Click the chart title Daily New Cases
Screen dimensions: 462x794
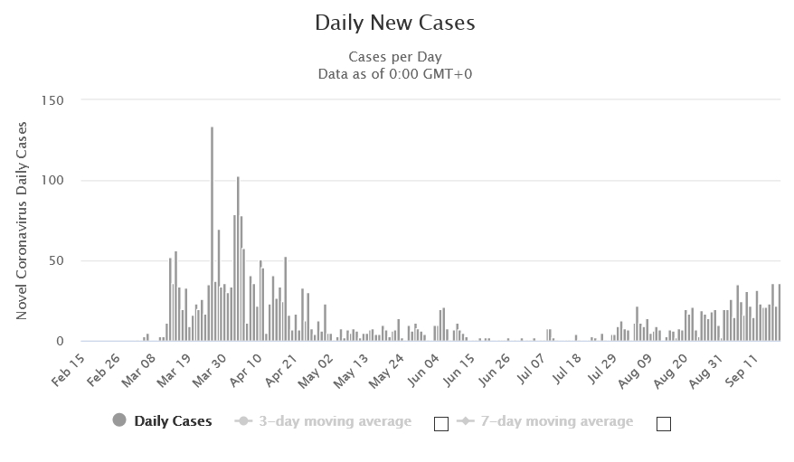[395, 24]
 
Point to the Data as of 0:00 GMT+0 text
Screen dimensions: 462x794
[395, 73]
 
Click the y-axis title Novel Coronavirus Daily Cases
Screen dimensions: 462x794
[22, 221]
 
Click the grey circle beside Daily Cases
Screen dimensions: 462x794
[119, 420]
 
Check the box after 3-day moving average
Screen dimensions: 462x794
[441, 424]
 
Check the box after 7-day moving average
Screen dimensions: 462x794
[663, 424]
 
